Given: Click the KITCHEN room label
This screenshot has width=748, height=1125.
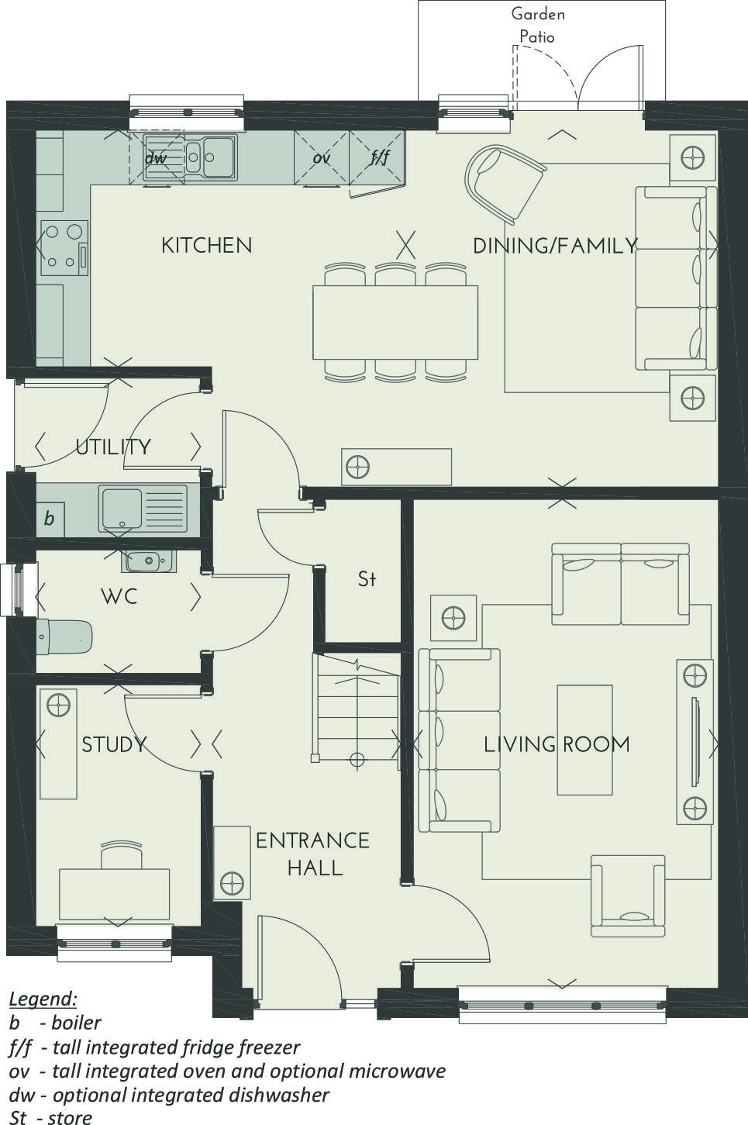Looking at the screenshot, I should click(206, 245).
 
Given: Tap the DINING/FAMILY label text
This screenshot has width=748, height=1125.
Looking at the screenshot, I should click(554, 246).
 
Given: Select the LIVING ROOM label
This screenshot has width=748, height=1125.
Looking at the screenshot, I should click(557, 744).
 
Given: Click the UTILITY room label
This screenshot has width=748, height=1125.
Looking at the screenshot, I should click(113, 447).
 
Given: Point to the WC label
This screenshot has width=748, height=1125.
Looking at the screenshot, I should click(119, 596).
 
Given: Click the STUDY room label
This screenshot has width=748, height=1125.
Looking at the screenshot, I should click(114, 744).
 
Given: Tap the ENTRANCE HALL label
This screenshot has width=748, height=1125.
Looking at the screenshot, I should click(313, 854).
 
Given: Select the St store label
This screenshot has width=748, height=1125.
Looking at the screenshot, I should click(367, 578).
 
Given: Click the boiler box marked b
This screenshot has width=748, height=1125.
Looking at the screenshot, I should click(50, 519).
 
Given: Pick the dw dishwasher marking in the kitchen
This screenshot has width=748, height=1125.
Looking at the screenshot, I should click(156, 158).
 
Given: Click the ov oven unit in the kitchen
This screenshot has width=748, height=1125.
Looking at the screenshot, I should click(322, 158).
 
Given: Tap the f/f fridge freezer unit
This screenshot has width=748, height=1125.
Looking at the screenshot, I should click(378, 158).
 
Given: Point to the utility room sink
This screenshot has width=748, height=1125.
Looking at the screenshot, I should click(143, 509).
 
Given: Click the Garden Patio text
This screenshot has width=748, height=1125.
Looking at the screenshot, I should click(538, 25).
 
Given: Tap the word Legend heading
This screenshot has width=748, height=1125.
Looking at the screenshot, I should click(43, 998).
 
